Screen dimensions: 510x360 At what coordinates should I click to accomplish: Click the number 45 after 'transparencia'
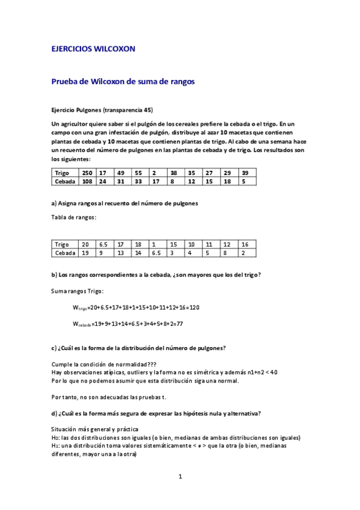[x=149, y=110]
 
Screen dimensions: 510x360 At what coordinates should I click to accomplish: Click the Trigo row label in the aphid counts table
[x=61, y=172]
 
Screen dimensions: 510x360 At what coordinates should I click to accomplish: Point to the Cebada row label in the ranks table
[x=65, y=253]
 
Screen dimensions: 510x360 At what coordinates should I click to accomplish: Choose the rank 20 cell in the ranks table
[x=85, y=245]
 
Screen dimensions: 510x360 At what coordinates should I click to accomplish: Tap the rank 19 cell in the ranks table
[x=85, y=253]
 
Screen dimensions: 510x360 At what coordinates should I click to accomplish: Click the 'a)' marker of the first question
[x=55, y=203]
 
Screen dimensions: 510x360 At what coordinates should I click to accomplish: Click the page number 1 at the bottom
[x=180, y=477]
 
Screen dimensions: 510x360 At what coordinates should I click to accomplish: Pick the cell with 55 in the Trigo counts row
[x=138, y=172]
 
